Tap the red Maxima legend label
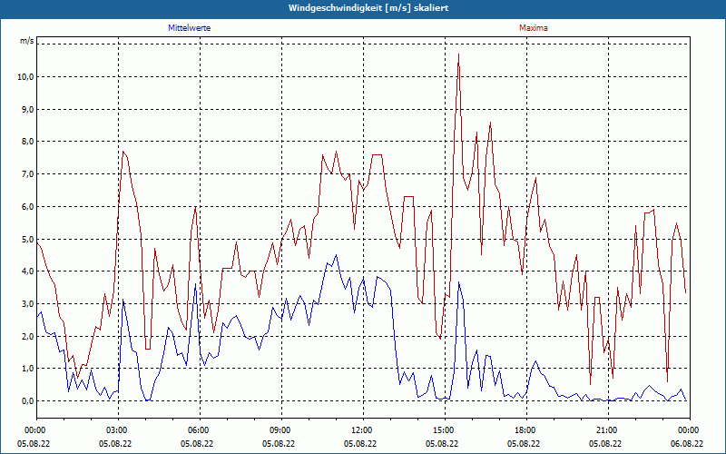[533, 28]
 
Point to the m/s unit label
[26, 42]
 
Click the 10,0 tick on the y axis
[25, 77]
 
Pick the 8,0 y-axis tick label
[25, 142]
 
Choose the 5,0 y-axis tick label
[25, 240]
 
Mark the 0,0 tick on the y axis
[25, 401]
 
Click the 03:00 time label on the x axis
[117, 430]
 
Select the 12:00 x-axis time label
[361, 430]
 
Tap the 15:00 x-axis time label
[443, 430]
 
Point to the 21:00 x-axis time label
[606, 430]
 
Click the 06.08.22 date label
[688, 444]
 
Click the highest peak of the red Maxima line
[459, 55]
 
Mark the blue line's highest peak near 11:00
[336, 255]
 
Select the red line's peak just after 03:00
[123, 152]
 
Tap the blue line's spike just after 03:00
[123, 301]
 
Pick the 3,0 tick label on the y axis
[25, 304]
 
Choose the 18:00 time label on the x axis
[525, 430]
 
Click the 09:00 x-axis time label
[280, 430]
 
